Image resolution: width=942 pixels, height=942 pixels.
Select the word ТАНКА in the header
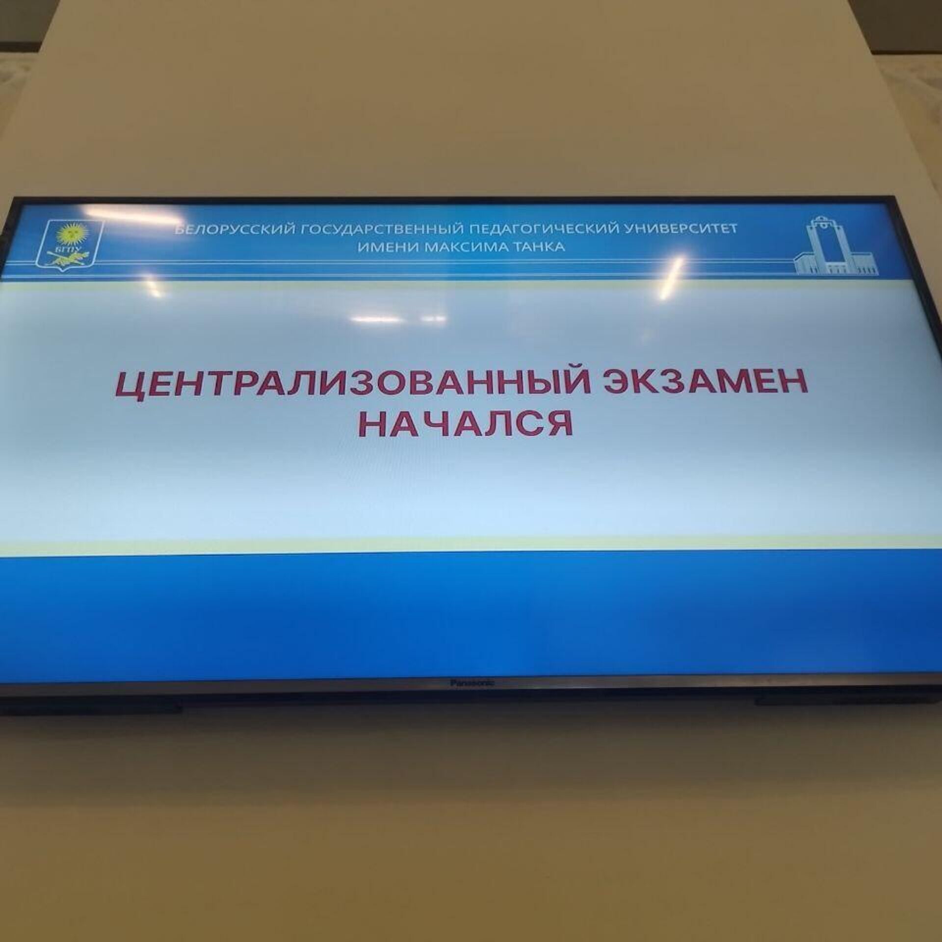coord(537,247)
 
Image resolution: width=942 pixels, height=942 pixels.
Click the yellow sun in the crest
coord(70,235)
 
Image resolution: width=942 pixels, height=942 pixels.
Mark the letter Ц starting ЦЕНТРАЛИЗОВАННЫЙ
coord(129,388)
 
